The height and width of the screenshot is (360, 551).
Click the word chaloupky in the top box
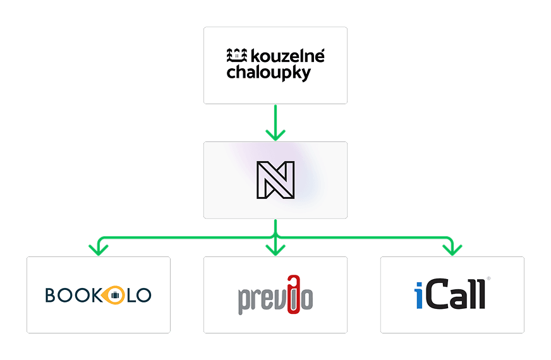pos(269,73)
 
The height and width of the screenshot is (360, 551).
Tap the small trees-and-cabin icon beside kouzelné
pos(238,56)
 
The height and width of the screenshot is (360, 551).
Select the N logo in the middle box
pos(275,180)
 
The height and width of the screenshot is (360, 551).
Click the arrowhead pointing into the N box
pos(275,135)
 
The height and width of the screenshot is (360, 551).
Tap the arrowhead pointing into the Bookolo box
pos(98,249)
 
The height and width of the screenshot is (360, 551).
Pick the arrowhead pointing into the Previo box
pos(275,249)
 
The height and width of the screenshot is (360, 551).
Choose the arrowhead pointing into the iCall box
pos(452,249)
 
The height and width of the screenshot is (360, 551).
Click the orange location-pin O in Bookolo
pos(114,295)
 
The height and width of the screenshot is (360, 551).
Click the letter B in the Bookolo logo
pos(51,295)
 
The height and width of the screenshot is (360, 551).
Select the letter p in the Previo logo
pos(245,300)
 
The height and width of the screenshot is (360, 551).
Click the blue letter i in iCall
pos(419,295)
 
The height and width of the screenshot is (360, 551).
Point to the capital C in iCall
pos(437,295)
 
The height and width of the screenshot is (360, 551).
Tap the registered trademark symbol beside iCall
pos(488,279)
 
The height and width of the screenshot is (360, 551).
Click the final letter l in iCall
pos(481,294)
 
